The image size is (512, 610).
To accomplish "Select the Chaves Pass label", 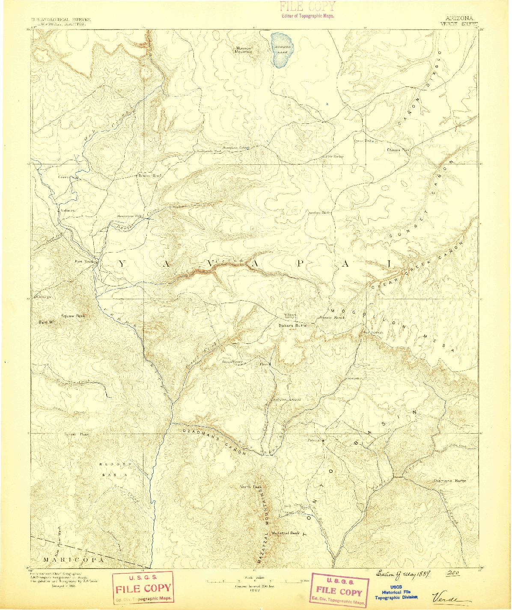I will point(398,150).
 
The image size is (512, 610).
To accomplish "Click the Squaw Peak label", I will point(73,316).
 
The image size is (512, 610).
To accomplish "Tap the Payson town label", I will point(314,440).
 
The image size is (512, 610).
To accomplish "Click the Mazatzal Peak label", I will point(286,533).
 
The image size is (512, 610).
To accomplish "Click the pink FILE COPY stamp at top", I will point(307,10).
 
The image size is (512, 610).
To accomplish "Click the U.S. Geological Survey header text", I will point(60,20).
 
